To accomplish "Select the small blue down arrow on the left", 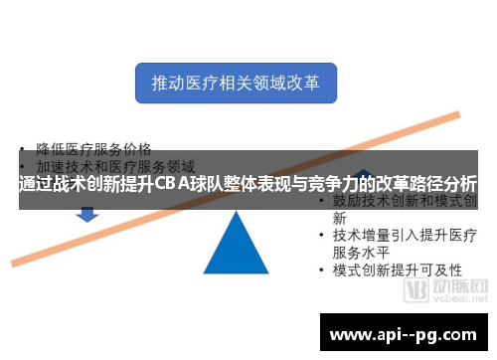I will coord(87,214).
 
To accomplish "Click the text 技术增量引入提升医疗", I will coord(406,235).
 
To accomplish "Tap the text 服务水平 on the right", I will coord(367,253).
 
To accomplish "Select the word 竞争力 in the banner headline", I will coord(334,185).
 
